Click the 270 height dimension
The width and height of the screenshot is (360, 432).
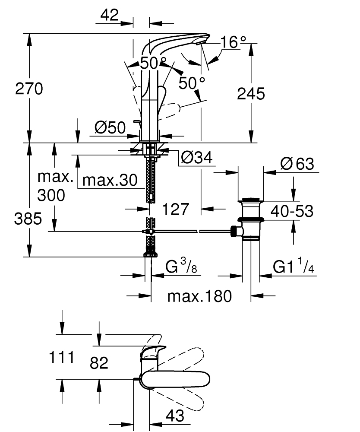click(x=29, y=89)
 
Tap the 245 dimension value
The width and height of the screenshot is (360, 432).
click(x=251, y=94)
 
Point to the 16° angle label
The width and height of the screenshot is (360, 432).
click(x=233, y=42)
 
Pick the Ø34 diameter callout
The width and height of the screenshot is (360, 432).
click(x=197, y=159)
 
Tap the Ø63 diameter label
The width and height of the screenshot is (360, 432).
click(x=297, y=164)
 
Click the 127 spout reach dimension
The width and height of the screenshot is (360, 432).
click(x=177, y=209)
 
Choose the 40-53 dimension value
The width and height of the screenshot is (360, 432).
click(x=292, y=211)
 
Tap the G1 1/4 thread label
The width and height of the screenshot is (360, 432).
click(x=293, y=267)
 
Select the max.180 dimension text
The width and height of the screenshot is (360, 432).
click(x=199, y=296)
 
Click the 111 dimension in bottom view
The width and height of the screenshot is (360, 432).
click(x=62, y=357)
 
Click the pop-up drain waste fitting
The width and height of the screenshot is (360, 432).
click(x=250, y=218)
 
